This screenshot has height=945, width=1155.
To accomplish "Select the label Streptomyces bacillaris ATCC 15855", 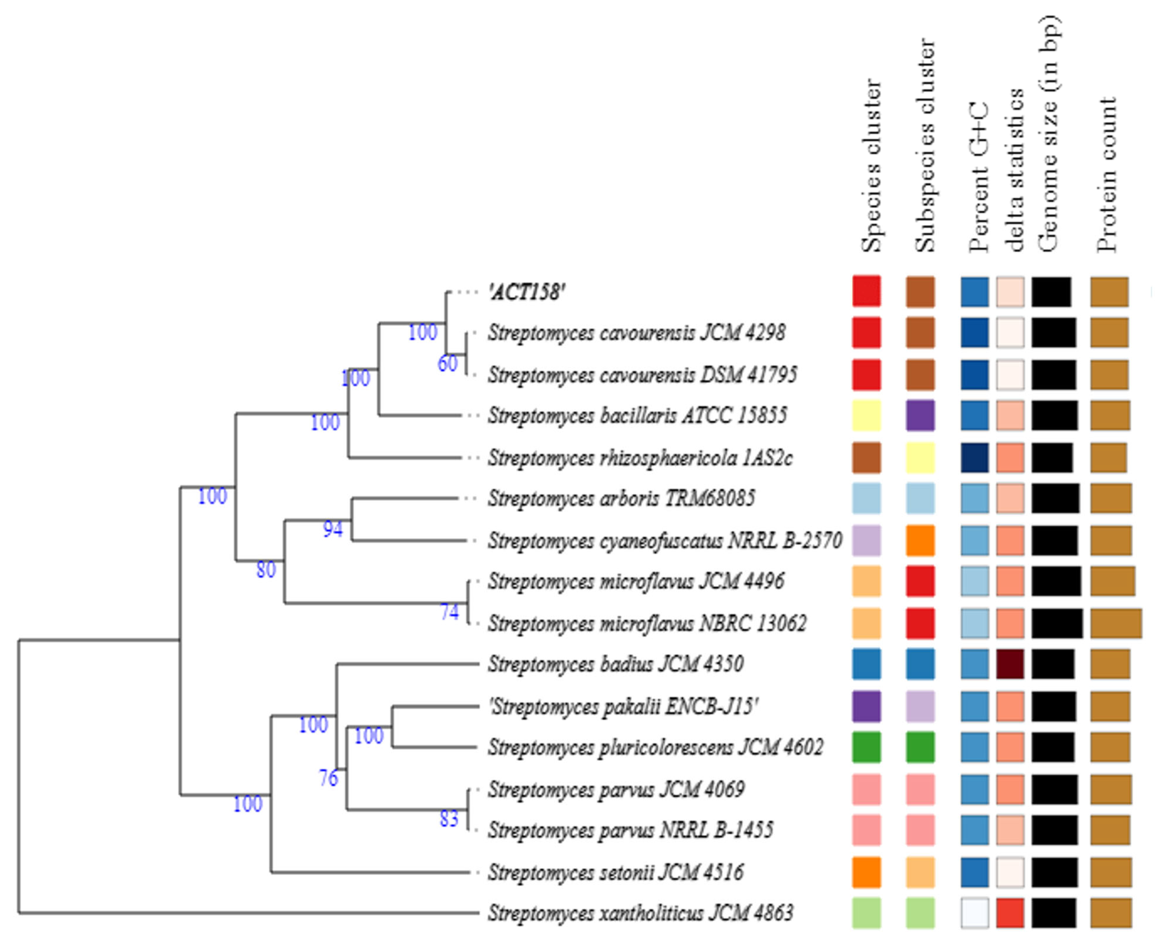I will point(637,415).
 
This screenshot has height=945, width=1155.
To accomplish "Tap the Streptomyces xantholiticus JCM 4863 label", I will point(640,913).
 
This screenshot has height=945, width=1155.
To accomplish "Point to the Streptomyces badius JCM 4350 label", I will point(615,664).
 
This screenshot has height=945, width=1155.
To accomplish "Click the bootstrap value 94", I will point(333,529).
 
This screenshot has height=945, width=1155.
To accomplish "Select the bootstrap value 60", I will point(448,364).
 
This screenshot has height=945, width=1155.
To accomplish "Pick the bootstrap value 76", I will point(328,778).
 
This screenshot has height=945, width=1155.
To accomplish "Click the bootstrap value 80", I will point(266,570).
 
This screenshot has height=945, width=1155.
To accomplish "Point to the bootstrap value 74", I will point(449,613).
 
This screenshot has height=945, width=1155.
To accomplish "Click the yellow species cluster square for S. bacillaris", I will point(866,415).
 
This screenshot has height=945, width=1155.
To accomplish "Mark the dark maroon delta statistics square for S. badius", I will point(1010,664).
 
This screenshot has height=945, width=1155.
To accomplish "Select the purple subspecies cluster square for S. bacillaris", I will point(920,415).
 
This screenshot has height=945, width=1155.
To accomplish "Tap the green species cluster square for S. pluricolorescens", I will point(866,748).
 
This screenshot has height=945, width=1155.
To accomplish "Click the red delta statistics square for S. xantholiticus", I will point(1010,913).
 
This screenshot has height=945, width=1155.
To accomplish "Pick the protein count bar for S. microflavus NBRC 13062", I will point(1116,623).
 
